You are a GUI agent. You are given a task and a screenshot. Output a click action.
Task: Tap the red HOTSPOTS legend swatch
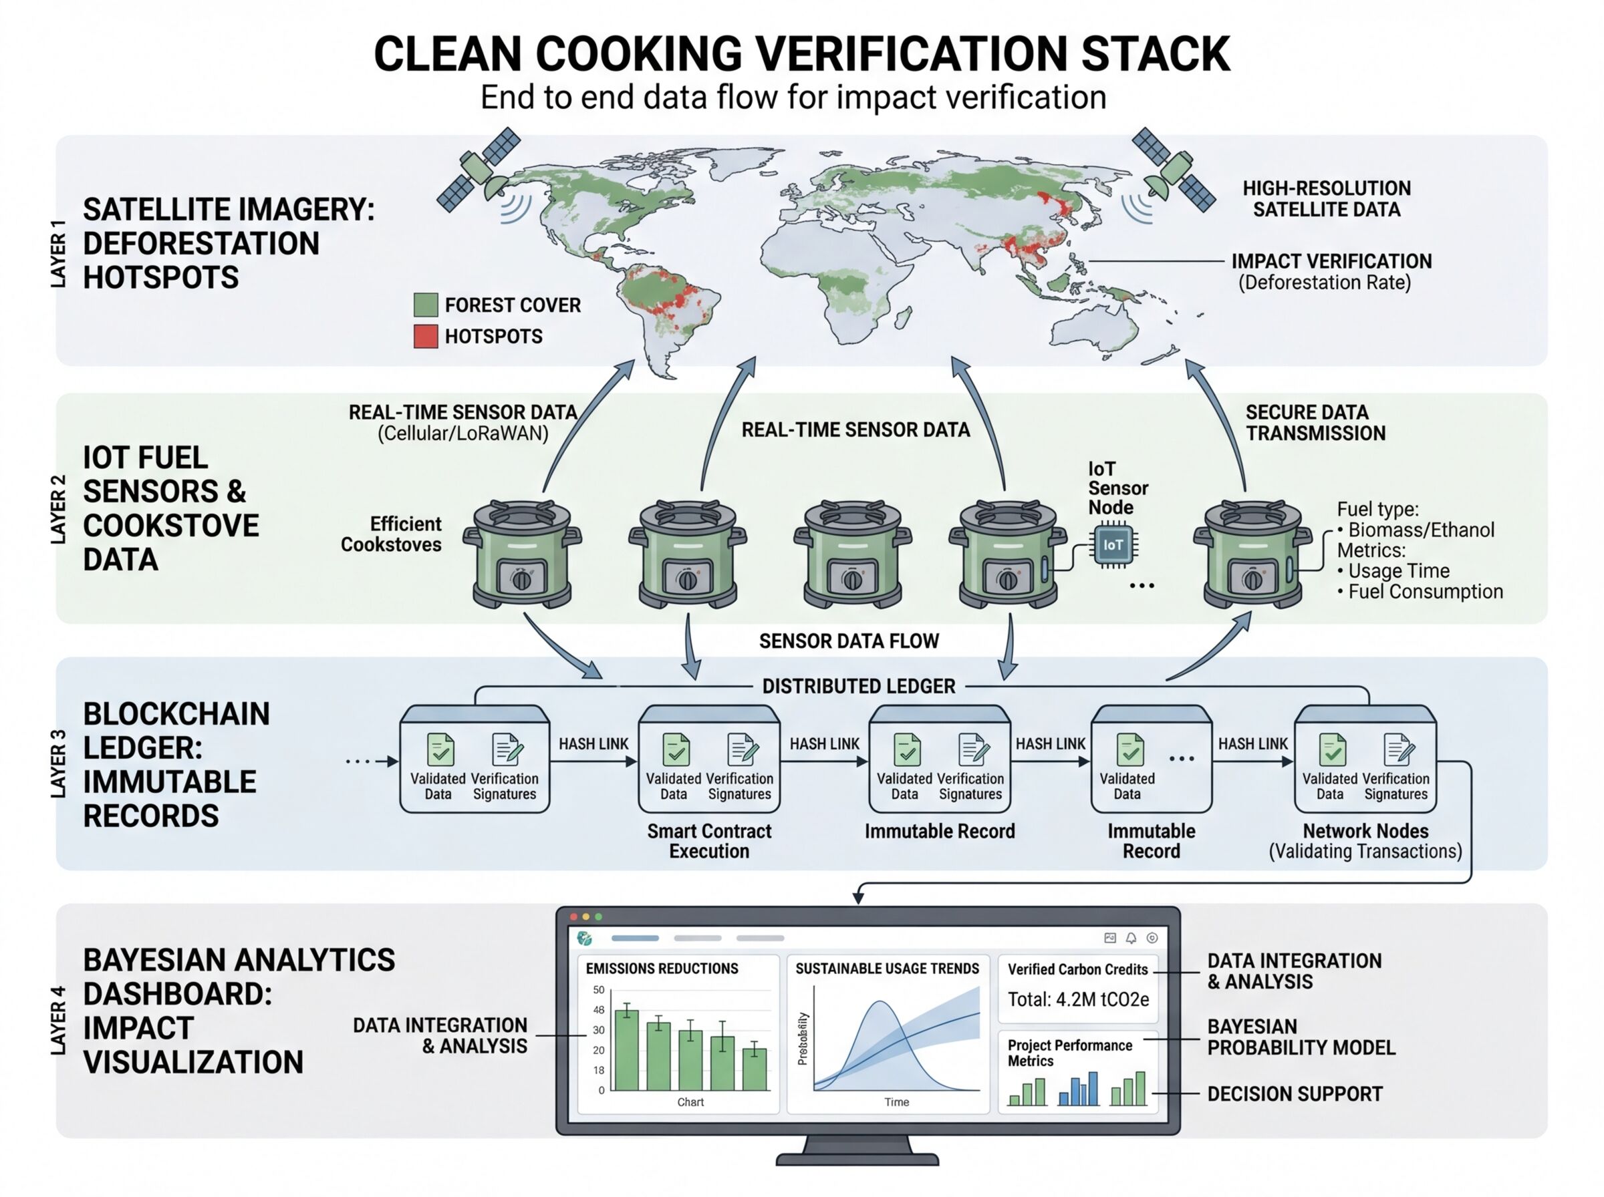coord(426,336)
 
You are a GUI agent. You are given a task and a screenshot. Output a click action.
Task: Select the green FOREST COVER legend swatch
coord(426,305)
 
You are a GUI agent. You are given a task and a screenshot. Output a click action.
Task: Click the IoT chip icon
coord(1113,545)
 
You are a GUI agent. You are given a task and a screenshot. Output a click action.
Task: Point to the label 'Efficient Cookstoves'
coord(392,534)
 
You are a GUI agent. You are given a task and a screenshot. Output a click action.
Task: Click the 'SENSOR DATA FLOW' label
coord(849,641)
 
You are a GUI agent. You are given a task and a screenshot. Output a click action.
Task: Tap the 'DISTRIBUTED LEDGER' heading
coord(858,686)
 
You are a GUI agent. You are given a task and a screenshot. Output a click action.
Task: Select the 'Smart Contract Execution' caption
coord(709,840)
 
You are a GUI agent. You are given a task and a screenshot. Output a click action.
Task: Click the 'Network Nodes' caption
coord(1365,831)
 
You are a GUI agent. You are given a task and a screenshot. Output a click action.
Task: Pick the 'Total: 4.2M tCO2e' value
coord(1078,1000)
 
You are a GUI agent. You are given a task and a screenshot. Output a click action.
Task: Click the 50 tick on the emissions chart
coord(599,990)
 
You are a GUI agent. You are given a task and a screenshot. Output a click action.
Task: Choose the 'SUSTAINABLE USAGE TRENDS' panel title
coord(887,969)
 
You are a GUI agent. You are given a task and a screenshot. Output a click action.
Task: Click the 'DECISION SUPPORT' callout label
coord(1295,1094)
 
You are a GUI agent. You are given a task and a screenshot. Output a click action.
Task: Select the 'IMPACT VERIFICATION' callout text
coord(1331,261)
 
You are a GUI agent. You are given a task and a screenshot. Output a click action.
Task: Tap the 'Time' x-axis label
coord(897,1102)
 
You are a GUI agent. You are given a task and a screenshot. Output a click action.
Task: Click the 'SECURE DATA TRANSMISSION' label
coord(1315,422)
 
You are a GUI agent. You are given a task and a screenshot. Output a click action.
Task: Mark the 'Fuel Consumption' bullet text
coord(1425,592)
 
